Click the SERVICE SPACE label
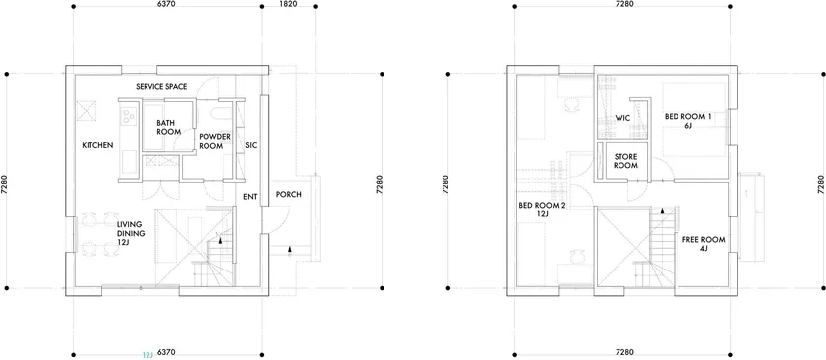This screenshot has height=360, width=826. pos(161,87)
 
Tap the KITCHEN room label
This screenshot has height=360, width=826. pos(97,145)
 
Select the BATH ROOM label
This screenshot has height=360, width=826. pos(168,127)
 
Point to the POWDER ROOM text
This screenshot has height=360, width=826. pos(215,142)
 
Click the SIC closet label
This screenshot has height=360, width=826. pos(251,145)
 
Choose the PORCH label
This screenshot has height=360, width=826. pos(289,194)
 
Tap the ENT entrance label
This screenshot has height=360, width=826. pos(250,197)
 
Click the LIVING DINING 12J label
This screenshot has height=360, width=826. pos(131,233)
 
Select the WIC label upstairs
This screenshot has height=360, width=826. pos(623,118)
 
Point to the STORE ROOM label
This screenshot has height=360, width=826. pos(625,161)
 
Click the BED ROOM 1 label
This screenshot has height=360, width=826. pos(687,121)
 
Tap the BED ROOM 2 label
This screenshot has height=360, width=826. pos(542,210)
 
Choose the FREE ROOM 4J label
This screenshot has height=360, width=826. pos(703,244)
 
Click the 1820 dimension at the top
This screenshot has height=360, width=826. pos(289,4)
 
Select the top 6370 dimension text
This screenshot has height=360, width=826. pos(166,4)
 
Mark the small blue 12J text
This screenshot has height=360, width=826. pos(147,355)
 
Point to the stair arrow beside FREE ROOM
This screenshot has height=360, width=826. pos(663,210)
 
